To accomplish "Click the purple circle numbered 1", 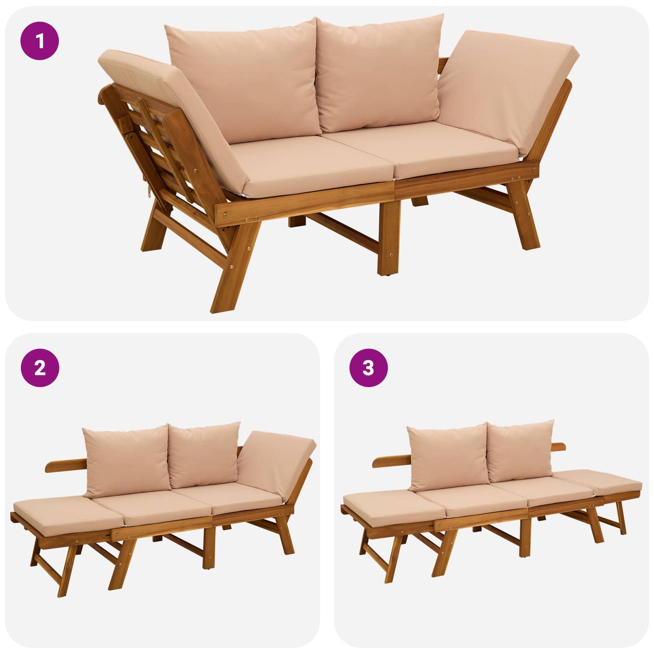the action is click(40, 41).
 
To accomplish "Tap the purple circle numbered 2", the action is click(40, 368).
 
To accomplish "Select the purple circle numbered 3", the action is click(368, 368).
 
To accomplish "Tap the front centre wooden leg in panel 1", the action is click(389, 238).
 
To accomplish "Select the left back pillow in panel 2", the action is click(126, 461).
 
